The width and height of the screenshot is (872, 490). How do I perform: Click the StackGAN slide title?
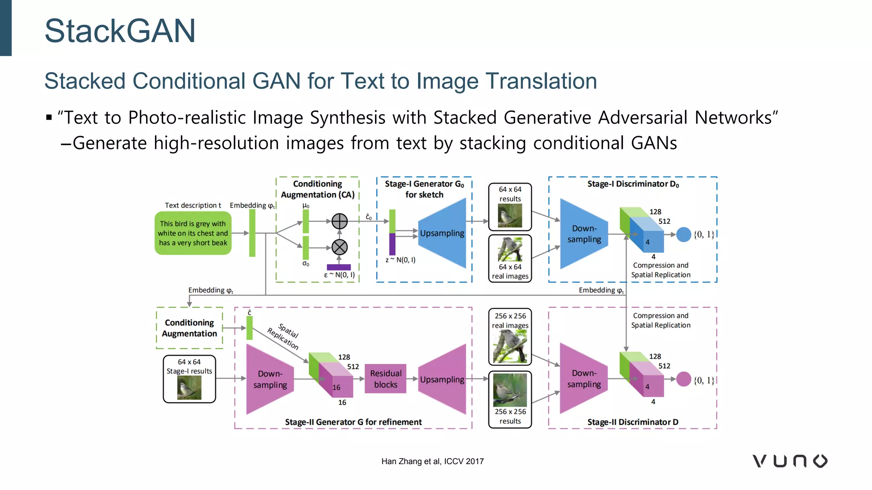(x=120, y=31)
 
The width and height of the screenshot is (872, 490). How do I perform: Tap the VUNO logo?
(x=790, y=461)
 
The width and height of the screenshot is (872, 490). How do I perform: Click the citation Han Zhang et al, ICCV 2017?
(x=432, y=462)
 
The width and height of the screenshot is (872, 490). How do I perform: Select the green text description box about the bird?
(x=193, y=234)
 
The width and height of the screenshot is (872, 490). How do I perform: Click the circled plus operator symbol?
(x=339, y=221)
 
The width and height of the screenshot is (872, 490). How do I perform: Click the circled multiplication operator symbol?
(x=339, y=247)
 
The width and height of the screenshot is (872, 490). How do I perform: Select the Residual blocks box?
(x=385, y=379)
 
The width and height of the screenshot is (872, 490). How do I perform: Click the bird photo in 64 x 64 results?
(x=510, y=216)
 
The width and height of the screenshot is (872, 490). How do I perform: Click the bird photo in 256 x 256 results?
(x=510, y=390)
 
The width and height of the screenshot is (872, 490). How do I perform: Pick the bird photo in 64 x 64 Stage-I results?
(x=189, y=387)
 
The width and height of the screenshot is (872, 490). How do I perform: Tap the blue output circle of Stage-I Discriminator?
(x=683, y=234)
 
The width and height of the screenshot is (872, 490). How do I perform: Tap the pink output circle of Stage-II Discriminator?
(x=683, y=379)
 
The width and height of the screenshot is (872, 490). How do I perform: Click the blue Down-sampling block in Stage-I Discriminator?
(x=584, y=234)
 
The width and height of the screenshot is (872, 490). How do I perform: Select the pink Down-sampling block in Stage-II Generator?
(x=270, y=379)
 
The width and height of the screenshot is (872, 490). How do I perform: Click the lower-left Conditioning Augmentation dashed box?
(x=189, y=328)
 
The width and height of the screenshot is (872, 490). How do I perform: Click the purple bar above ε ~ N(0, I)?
(x=338, y=267)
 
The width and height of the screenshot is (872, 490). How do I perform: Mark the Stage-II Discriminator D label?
(x=633, y=422)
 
